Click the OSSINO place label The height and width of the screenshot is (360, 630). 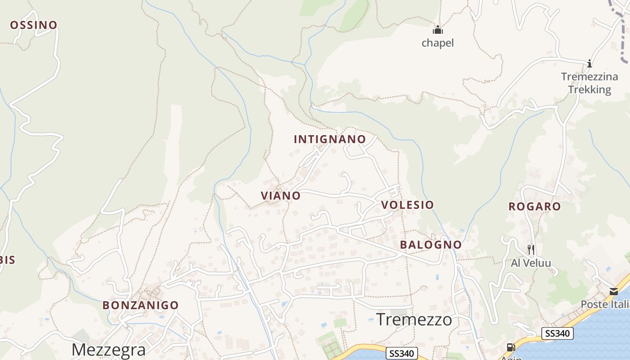pos(34,25)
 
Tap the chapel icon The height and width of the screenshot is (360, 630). pos(438,30)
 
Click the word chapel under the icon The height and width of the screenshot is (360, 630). pos(437,43)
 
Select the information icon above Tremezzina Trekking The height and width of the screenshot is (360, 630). pos(589,63)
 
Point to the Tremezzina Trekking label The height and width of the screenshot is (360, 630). pos(589,83)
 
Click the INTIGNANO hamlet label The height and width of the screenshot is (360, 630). pos(330,139)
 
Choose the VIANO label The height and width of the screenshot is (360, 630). pos(281,196)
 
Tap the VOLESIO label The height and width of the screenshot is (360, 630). pos(408,205)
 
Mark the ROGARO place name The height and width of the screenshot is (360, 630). pos(535,207)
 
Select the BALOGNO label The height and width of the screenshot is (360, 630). pos(431,245)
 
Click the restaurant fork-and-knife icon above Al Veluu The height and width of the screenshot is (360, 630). pos(531,249)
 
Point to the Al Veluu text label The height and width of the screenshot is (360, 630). pos(531,263)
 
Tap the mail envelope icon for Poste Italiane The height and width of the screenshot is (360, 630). pos(614,291)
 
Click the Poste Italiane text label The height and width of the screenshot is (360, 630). pos(605,305)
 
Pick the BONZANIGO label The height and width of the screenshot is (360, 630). pos(140,305)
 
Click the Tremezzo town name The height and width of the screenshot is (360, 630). pos(414,319)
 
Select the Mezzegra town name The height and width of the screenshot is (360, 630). pos(108,350)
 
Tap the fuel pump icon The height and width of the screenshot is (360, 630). pos(511,347)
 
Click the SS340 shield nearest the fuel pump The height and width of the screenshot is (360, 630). pos(558,333)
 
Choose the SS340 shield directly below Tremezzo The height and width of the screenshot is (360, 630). pos(402,353)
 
